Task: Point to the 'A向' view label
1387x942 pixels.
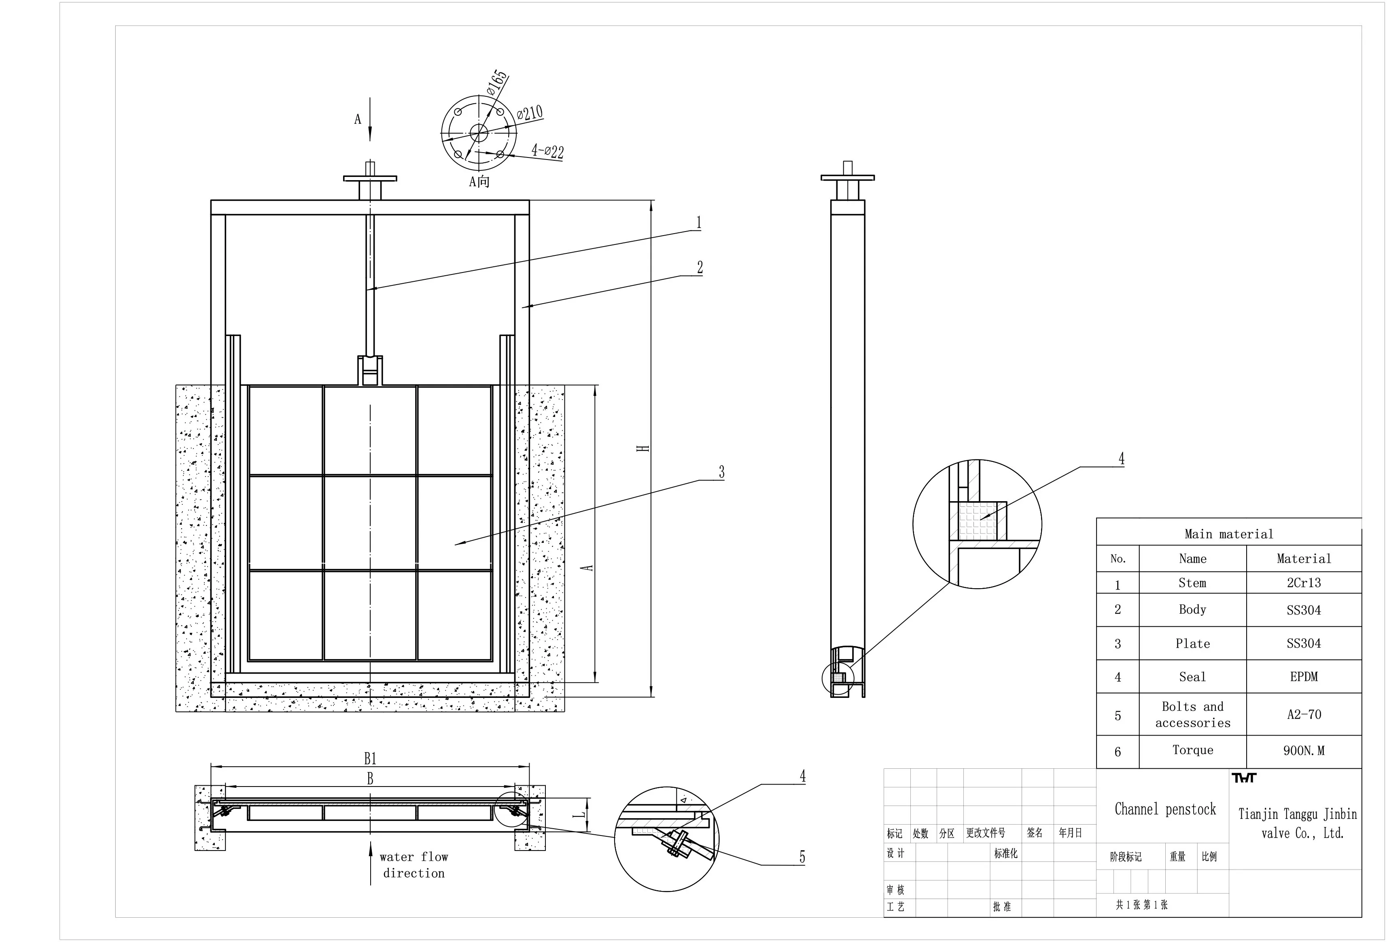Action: pyautogui.click(x=479, y=181)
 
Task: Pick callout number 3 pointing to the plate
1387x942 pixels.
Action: pyautogui.click(x=721, y=472)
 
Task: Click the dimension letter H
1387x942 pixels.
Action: pyautogui.click(x=643, y=448)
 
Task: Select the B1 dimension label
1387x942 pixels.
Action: pyautogui.click(x=370, y=759)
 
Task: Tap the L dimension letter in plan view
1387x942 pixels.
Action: pyautogui.click(x=579, y=814)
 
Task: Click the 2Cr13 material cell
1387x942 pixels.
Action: pyautogui.click(x=1303, y=583)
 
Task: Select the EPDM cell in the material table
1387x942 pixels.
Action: pyautogui.click(x=1303, y=676)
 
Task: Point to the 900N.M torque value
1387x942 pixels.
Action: pyautogui.click(x=1303, y=751)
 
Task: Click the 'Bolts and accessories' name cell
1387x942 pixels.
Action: pyautogui.click(x=1192, y=714)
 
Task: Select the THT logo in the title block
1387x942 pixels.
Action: pyautogui.click(x=1244, y=778)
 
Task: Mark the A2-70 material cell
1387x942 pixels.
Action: pyautogui.click(x=1303, y=714)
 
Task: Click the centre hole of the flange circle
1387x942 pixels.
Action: pyautogui.click(x=478, y=132)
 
